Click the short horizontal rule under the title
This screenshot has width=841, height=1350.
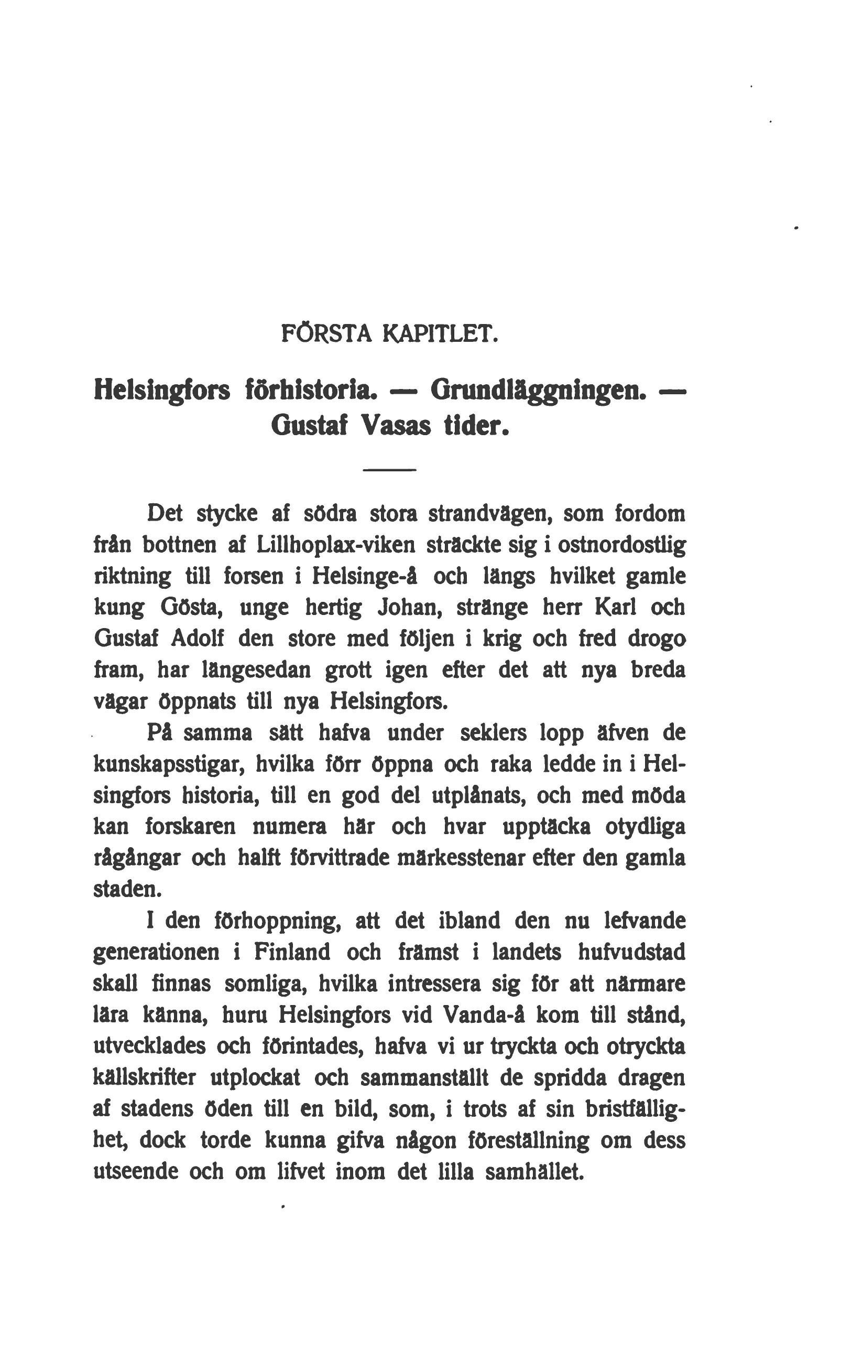(389, 471)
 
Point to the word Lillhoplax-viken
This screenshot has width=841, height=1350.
(336, 545)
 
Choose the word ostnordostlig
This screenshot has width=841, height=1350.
(621, 545)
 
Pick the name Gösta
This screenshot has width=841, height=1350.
(192, 607)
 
